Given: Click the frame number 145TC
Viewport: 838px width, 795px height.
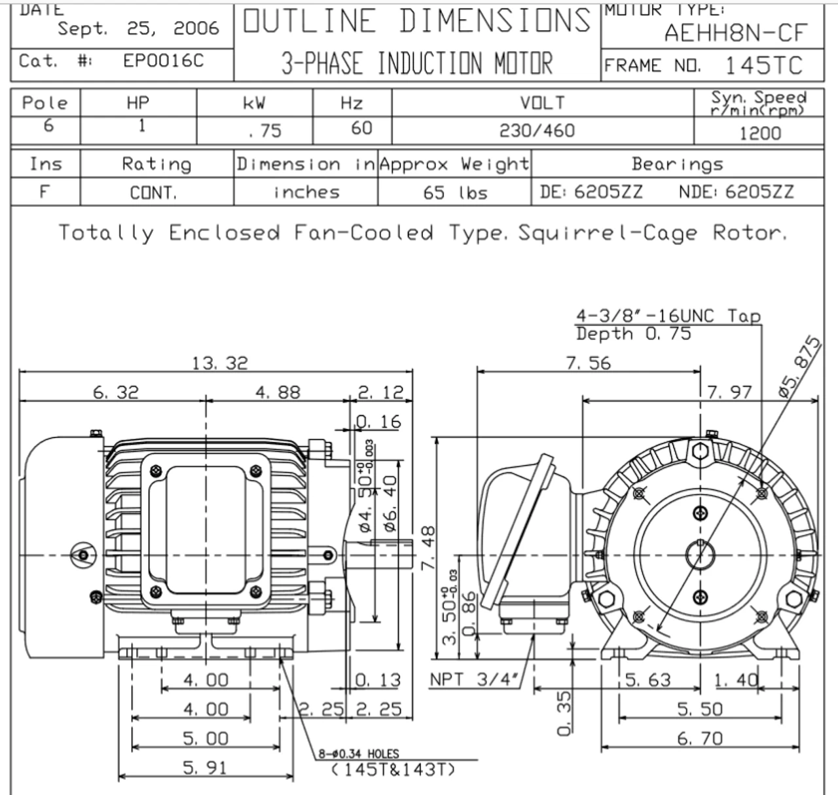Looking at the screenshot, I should click(x=763, y=65).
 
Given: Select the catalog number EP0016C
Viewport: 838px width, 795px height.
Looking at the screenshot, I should click(x=164, y=61).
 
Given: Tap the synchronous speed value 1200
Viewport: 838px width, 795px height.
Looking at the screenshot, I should click(x=760, y=133).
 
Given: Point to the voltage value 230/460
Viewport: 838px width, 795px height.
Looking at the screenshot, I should click(x=537, y=130).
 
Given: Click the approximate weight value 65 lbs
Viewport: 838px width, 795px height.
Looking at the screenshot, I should click(x=455, y=193).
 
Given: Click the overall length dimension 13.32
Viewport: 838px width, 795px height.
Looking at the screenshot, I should click(x=220, y=363).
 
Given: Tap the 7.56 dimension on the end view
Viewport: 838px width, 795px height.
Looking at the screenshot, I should click(x=589, y=363).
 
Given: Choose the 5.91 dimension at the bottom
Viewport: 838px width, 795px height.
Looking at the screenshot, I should click(x=206, y=767).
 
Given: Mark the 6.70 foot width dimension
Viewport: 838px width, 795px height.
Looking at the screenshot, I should click(x=700, y=739).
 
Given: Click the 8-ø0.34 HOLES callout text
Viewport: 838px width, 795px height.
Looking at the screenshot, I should click(x=359, y=754).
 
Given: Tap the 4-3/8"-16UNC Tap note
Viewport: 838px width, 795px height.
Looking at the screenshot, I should click(x=668, y=316).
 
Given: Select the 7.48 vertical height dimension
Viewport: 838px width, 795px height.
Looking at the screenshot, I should click(x=428, y=547).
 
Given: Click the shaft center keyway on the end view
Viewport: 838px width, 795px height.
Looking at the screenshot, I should click(x=701, y=556).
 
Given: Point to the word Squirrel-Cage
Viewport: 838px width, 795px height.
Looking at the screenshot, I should click(x=608, y=233).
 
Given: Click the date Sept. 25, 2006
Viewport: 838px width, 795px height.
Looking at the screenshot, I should click(x=138, y=28).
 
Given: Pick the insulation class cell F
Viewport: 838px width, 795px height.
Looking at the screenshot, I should click(x=45, y=193).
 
